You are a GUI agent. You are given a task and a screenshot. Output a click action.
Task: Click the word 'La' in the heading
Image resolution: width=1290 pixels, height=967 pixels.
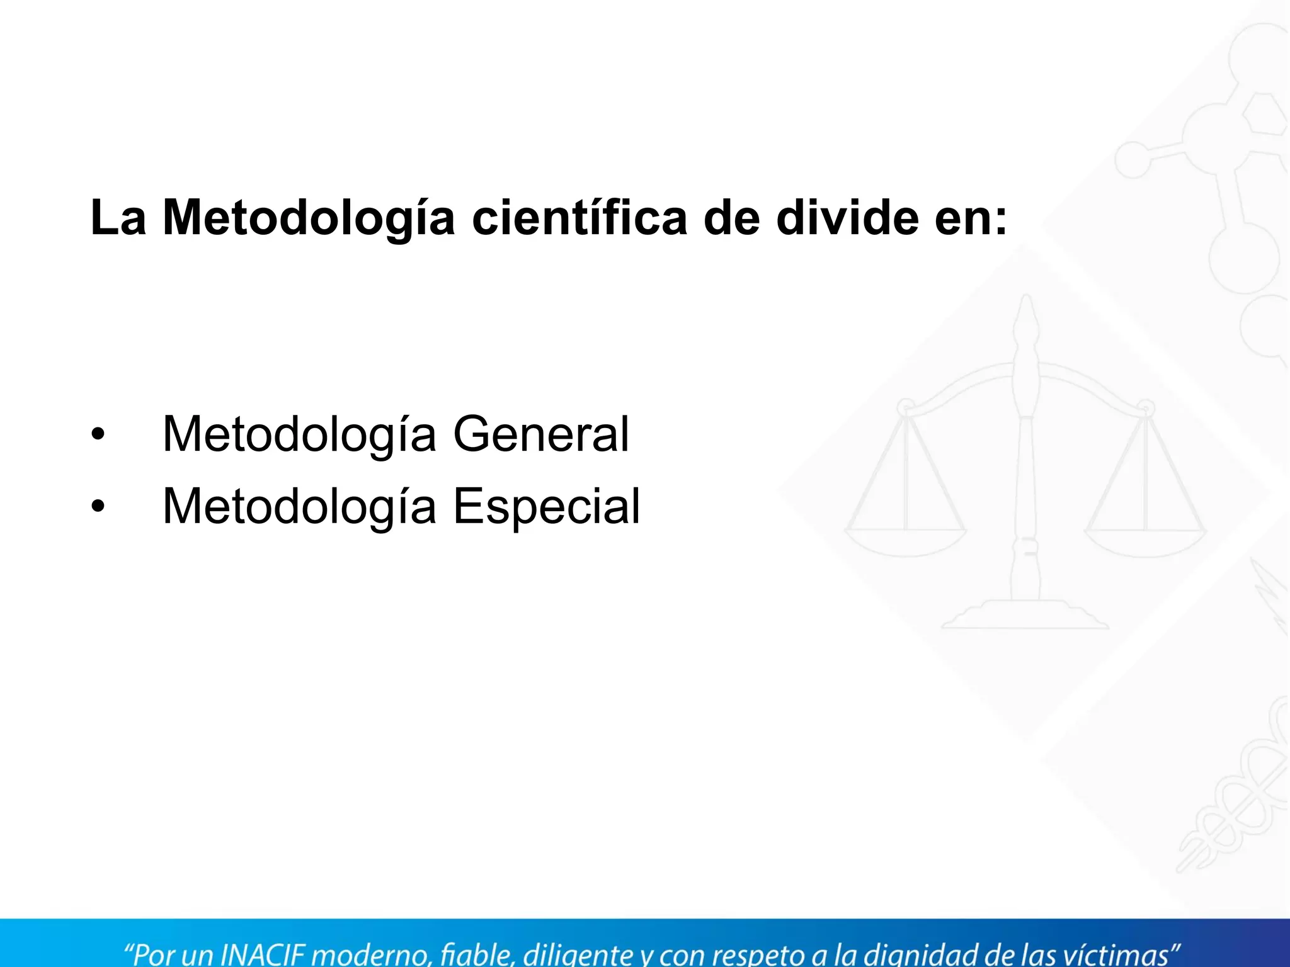(118, 218)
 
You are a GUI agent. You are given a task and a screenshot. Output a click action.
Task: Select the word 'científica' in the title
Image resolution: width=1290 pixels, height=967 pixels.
(579, 218)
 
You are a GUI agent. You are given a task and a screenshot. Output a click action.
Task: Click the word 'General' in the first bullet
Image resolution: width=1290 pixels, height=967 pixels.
(541, 434)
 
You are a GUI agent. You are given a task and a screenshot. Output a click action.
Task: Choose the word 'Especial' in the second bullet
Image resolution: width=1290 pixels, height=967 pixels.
(546, 506)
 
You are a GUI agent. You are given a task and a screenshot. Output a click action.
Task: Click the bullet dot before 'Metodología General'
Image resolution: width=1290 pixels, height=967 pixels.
(97, 434)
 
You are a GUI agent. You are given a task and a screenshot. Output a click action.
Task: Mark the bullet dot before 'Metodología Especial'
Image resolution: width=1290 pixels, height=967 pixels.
(97, 506)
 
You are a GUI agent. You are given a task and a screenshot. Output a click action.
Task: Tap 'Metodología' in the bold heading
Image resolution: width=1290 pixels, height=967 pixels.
(309, 218)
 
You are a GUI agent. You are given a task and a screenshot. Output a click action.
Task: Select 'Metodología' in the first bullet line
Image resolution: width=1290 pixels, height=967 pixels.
(299, 434)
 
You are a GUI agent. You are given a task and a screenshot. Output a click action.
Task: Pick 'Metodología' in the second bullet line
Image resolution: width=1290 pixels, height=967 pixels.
(299, 506)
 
